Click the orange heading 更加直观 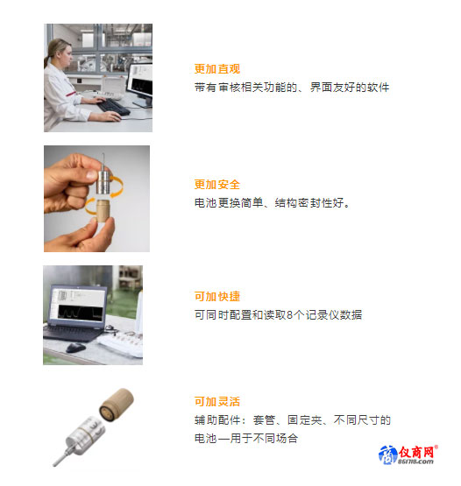point(217,69)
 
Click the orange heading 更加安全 point(217,185)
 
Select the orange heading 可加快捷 point(217,296)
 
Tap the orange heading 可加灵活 point(217,401)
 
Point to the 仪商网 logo point(408,454)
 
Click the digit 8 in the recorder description point(290,315)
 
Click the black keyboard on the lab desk point(113,107)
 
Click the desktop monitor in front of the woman point(140,84)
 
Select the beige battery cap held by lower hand point(103,211)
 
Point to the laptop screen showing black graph point(77,306)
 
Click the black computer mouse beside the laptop point(75,348)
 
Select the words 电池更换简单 point(229,203)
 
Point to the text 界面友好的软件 point(350,88)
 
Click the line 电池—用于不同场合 point(246,438)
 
